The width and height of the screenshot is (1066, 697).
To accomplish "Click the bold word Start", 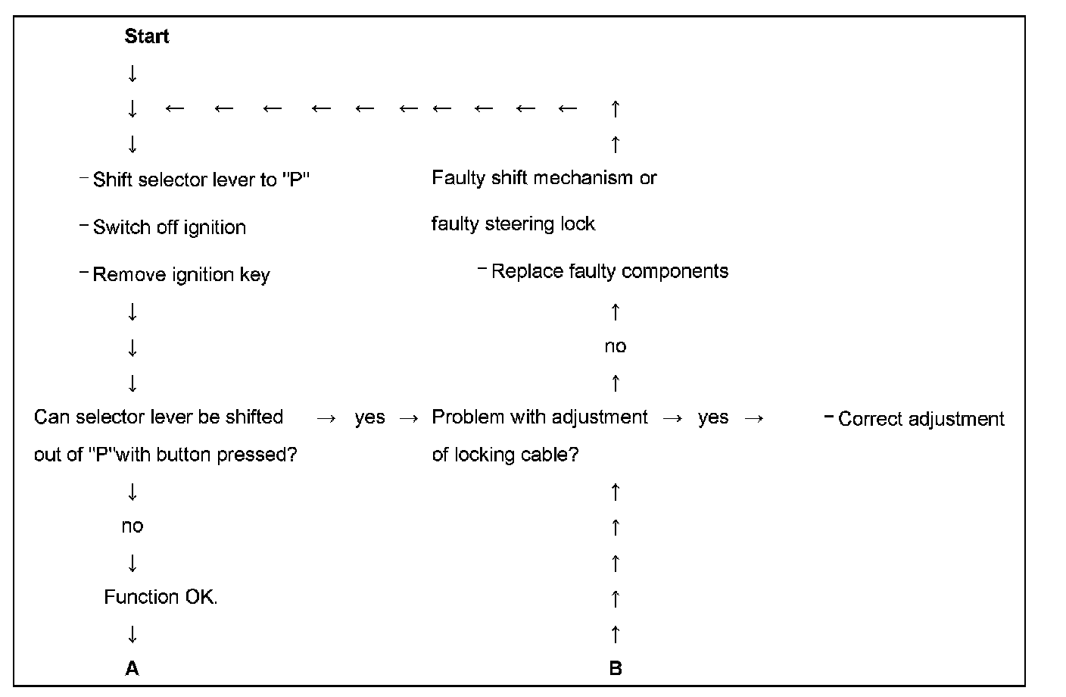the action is click(x=147, y=36).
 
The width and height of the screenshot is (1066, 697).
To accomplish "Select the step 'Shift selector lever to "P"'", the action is click(x=201, y=180).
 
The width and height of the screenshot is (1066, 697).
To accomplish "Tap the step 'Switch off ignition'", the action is click(x=169, y=227).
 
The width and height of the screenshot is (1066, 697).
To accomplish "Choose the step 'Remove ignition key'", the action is click(x=181, y=275).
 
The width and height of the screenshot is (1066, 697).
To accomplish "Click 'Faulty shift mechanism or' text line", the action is click(x=544, y=178).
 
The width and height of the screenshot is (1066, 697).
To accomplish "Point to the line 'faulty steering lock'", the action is click(x=513, y=224).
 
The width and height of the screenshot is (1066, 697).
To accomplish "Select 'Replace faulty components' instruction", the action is click(x=609, y=271).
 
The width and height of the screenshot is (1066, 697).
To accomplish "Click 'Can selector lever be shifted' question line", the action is click(x=158, y=417).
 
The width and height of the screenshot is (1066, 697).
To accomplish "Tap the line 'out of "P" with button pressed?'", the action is click(x=165, y=455).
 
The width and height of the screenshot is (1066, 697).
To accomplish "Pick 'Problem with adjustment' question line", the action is click(x=539, y=417).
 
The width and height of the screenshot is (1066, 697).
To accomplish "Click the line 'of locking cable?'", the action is click(x=504, y=455).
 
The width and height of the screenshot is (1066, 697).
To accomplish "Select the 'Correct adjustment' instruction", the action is click(x=921, y=419).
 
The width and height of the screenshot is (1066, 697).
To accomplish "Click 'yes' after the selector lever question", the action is click(x=369, y=417).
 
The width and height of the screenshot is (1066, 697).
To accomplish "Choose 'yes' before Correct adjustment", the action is click(x=712, y=417).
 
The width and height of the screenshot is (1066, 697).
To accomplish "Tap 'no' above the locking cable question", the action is click(x=615, y=347).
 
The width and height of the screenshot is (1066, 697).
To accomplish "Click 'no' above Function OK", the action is click(x=132, y=526).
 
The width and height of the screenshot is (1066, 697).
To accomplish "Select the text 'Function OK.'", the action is click(x=161, y=597).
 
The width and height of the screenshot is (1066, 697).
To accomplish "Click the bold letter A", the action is click(x=132, y=668).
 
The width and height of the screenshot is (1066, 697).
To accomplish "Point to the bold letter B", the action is click(x=615, y=668).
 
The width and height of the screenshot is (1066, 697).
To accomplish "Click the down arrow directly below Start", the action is click(x=132, y=73).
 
